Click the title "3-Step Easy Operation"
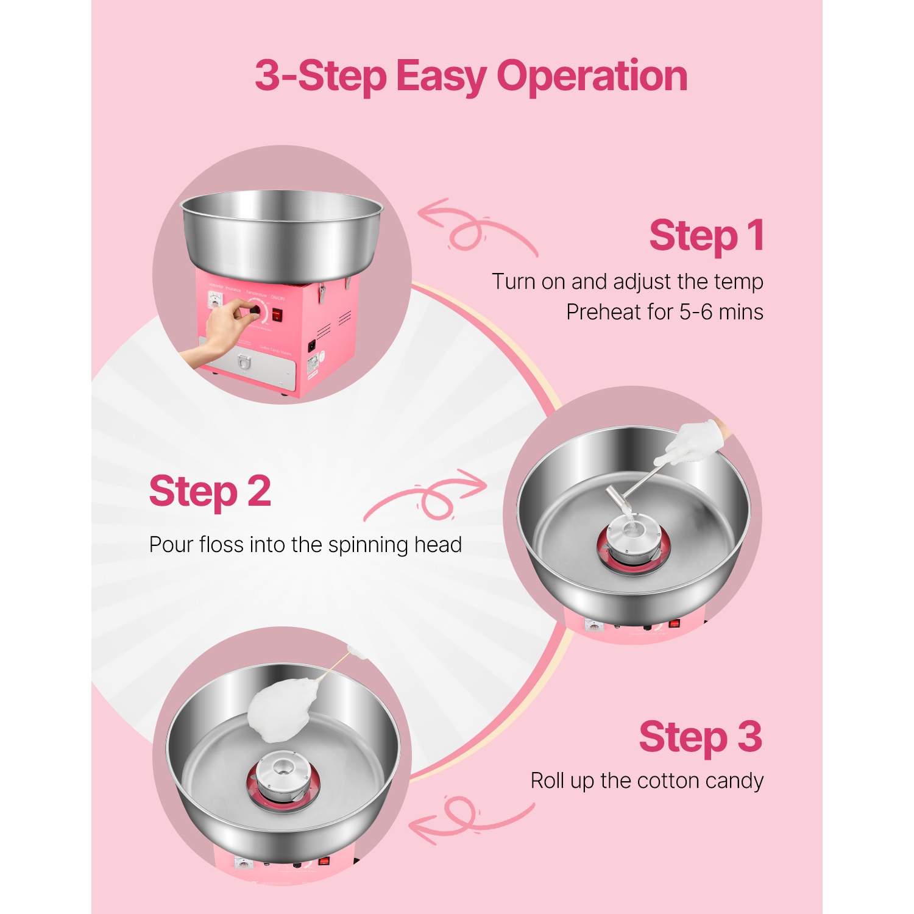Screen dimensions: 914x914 [x=470, y=76]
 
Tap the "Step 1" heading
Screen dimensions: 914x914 [x=706, y=236]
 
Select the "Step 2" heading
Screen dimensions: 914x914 [x=210, y=492]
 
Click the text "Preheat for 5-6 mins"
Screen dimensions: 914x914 [x=664, y=312]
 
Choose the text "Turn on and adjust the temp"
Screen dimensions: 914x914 [x=627, y=282]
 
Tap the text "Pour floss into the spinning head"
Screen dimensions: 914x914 [x=305, y=544]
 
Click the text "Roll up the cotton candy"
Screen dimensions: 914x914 [x=647, y=781]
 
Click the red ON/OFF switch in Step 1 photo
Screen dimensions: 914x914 [x=277, y=315]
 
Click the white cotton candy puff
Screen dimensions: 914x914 [x=282, y=709]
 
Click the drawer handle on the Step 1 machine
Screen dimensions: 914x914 [x=243, y=363]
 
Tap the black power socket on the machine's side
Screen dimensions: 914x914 [x=312, y=345]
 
